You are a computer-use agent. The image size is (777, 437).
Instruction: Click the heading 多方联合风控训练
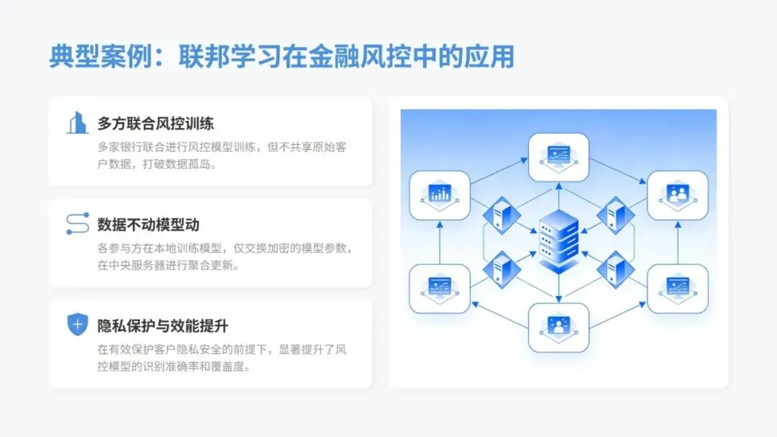tap(155, 123)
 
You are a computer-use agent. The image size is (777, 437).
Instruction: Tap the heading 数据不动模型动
tap(148, 225)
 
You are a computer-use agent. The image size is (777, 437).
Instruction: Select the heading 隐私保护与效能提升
tap(163, 326)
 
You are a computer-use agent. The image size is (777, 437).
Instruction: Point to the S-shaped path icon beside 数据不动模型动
tap(77, 224)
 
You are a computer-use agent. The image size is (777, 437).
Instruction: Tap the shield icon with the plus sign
tap(77, 325)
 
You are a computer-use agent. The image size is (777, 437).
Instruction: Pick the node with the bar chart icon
tap(440, 194)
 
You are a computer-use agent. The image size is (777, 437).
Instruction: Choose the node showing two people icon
tap(677, 194)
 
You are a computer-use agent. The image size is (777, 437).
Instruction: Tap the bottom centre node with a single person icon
tap(558, 327)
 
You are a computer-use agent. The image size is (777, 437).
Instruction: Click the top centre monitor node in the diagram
tap(558, 156)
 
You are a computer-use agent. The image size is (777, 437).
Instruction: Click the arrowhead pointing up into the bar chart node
tap(440, 224)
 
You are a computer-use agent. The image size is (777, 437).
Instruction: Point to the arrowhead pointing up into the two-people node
tap(677, 224)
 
